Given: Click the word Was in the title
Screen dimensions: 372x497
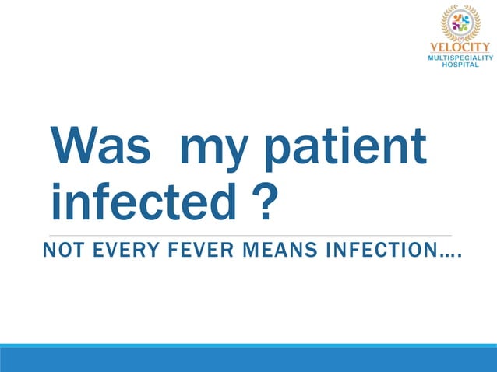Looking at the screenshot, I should tap(99, 146).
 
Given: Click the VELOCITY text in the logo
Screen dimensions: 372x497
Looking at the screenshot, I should tap(461, 46).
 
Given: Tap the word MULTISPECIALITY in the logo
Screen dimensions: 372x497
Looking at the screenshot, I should tap(461, 58).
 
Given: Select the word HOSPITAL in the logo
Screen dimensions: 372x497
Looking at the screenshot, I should tap(461, 65).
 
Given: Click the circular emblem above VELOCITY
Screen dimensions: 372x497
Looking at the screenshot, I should tap(461, 22).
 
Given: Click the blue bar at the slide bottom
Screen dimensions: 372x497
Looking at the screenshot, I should tap(248, 359).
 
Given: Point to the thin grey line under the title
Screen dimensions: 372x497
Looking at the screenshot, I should tap(249, 234).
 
